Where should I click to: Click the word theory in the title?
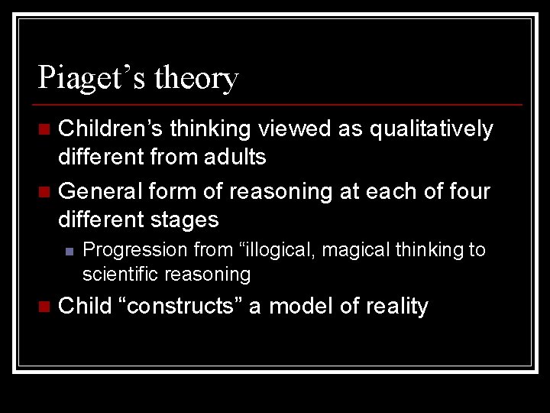[x=196, y=79]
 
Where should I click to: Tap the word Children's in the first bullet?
[x=110, y=129]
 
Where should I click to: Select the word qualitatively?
[x=432, y=130]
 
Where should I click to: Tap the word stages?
[x=183, y=220]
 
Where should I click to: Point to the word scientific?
[x=121, y=274]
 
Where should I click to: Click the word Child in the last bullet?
[x=85, y=306]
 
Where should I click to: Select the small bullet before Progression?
[x=69, y=250]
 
